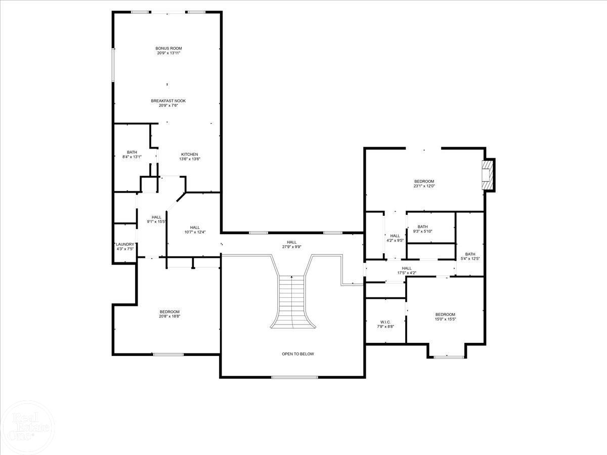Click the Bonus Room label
point(168,49)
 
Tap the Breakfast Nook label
point(168,101)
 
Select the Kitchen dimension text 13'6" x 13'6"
point(190,159)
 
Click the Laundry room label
point(124,244)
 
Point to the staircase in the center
point(292,301)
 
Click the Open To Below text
point(297,354)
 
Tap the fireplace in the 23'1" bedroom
point(488,175)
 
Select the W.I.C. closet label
point(385,322)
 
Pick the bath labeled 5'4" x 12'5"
point(470,256)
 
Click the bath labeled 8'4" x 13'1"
point(132,154)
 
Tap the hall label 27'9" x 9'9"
point(292,245)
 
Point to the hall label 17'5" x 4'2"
point(406,270)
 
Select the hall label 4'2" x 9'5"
point(395,238)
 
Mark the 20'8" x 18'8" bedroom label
point(169,313)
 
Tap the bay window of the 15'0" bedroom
point(449,357)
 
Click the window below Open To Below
point(294,377)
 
